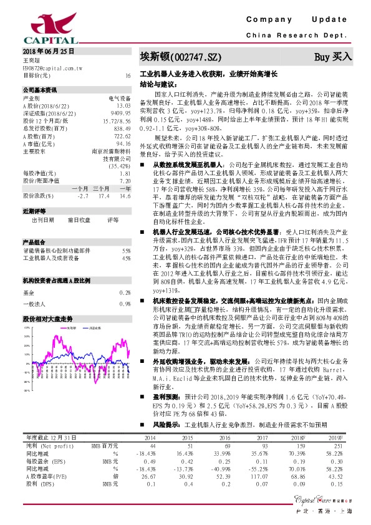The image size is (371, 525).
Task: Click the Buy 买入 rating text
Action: (x=333, y=57)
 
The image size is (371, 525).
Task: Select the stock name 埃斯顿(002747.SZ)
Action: (x=180, y=57)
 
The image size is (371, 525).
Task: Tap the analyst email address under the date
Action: (x=52, y=67)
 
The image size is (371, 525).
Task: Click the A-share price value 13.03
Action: (x=123, y=106)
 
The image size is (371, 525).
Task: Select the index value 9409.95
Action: (x=121, y=113)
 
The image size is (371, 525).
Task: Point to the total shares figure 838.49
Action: (x=122, y=128)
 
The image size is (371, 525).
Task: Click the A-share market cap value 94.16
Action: (x=123, y=142)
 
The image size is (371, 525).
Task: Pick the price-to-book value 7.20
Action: (x=125, y=180)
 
